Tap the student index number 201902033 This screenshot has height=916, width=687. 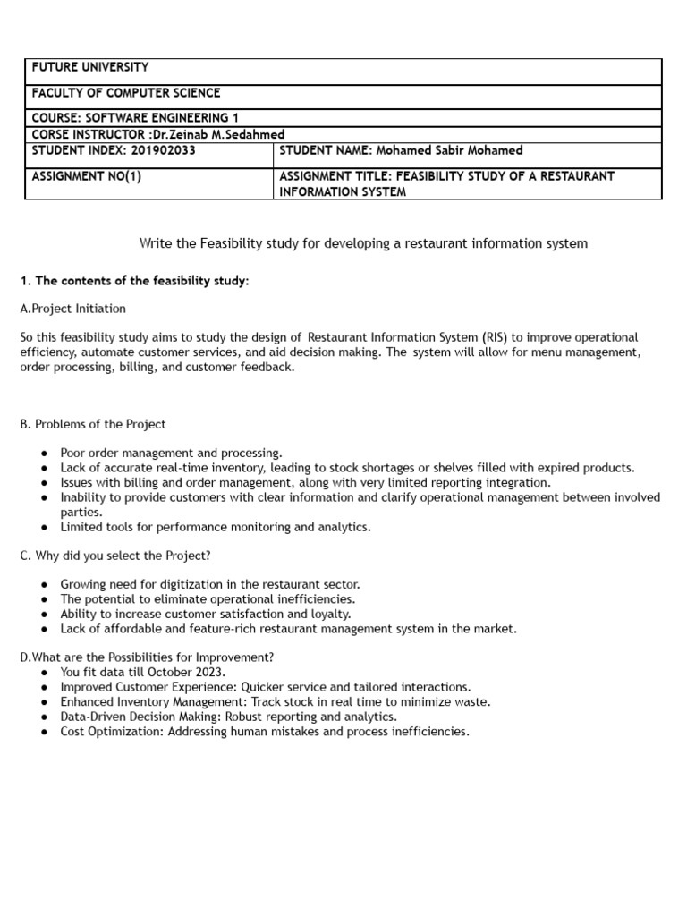point(164,150)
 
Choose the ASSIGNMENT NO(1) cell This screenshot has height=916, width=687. point(86,176)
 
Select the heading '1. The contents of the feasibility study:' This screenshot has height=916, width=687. point(134,281)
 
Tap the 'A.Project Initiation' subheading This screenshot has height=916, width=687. point(72,309)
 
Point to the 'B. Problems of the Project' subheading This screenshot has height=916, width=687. point(93,424)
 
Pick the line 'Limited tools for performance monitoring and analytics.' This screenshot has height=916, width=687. point(215,527)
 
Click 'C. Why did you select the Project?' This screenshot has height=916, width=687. point(115,556)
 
